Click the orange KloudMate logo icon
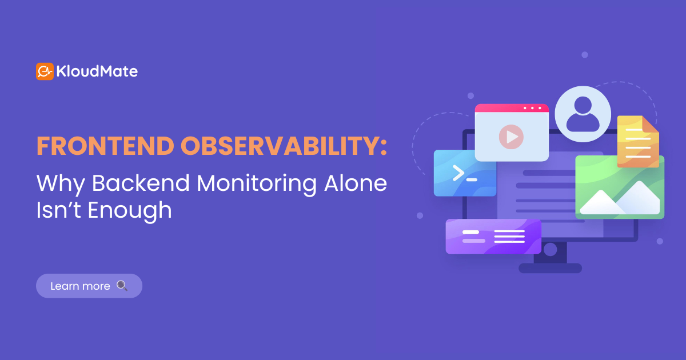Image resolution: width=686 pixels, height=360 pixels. (45, 71)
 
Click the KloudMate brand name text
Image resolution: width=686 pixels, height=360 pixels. (97, 71)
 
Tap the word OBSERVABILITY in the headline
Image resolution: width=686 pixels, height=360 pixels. (283, 146)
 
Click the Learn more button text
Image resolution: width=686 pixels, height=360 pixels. (80, 286)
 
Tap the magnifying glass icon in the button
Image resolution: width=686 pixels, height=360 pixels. (122, 285)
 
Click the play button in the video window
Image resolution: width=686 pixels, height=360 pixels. (511, 137)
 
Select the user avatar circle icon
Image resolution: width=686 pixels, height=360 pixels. (583, 114)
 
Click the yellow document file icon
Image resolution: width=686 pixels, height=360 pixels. (637, 141)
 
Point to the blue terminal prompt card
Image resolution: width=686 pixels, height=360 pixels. (465, 173)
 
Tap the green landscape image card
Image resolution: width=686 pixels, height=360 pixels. (620, 186)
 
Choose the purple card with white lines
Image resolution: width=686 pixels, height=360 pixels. (493, 236)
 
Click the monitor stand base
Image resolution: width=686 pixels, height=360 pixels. (550, 268)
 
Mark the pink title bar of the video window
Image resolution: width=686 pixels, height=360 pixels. (512, 108)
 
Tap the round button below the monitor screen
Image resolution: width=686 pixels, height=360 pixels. (550, 249)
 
